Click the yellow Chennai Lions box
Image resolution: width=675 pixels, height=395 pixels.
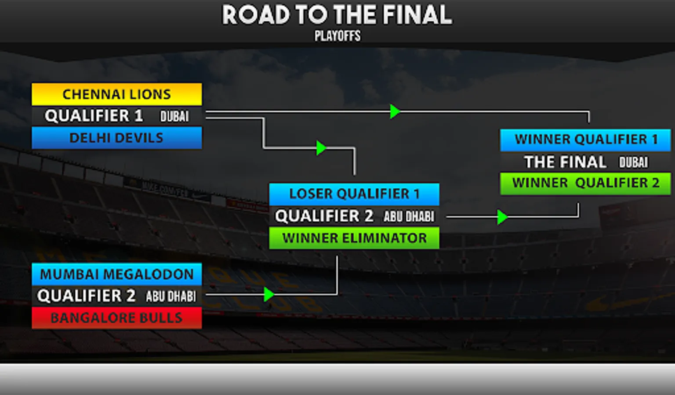click(x=116, y=94)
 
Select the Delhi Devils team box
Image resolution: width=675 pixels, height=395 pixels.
click(x=116, y=138)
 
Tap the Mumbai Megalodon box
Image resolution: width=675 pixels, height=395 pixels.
click(x=116, y=274)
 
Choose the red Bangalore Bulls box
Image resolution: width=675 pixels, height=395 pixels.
click(x=116, y=318)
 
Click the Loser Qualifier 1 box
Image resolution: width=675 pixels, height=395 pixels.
click(x=354, y=194)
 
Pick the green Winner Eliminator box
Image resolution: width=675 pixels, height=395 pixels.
click(x=354, y=238)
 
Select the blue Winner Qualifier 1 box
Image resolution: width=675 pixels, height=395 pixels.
click(x=585, y=140)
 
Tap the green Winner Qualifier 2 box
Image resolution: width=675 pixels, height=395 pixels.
click(x=585, y=183)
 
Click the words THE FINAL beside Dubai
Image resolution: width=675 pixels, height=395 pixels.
click(x=565, y=162)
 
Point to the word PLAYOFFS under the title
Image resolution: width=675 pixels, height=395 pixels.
click(x=337, y=36)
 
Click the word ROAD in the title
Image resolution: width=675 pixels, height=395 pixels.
click(x=256, y=15)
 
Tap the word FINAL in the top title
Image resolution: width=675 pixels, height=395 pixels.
click(x=417, y=15)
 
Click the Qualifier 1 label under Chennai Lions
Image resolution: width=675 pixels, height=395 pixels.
click(x=94, y=116)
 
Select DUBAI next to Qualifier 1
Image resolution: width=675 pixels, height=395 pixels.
click(x=174, y=116)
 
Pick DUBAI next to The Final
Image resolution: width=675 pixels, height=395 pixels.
click(x=633, y=162)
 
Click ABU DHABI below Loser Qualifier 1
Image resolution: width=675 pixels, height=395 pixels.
click(x=409, y=216)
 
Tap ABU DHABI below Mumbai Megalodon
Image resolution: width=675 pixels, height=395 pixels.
click(x=171, y=296)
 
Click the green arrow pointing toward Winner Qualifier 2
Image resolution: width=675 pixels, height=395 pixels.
click(x=502, y=217)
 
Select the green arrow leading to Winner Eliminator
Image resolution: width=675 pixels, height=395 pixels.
click(x=269, y=294)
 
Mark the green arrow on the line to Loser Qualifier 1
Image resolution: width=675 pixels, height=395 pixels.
click(x=321, y=148)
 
